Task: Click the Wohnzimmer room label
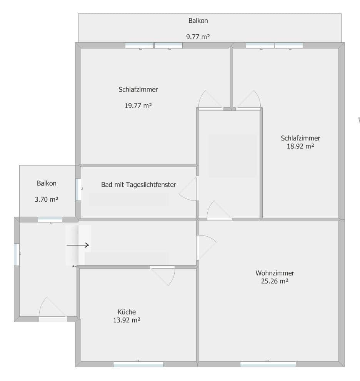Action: [x=275, y=273]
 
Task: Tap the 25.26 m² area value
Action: [x=275, y=281]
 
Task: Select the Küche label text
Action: [x=127, y=312]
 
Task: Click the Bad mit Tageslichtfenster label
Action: [x=138, y=185]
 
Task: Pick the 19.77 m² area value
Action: [x=138, y=105]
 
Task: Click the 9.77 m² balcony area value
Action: [x=198, y=37]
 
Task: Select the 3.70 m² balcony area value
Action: [x=47, y=199]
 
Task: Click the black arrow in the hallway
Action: [x=78, y=245]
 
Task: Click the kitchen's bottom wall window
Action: [x=138, y=364]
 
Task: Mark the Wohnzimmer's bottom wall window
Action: [x=268, y=364]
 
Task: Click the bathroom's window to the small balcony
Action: [x=78, y=189]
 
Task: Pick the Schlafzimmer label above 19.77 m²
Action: [x=138, y=90]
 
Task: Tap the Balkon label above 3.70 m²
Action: [x=47, y=183]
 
